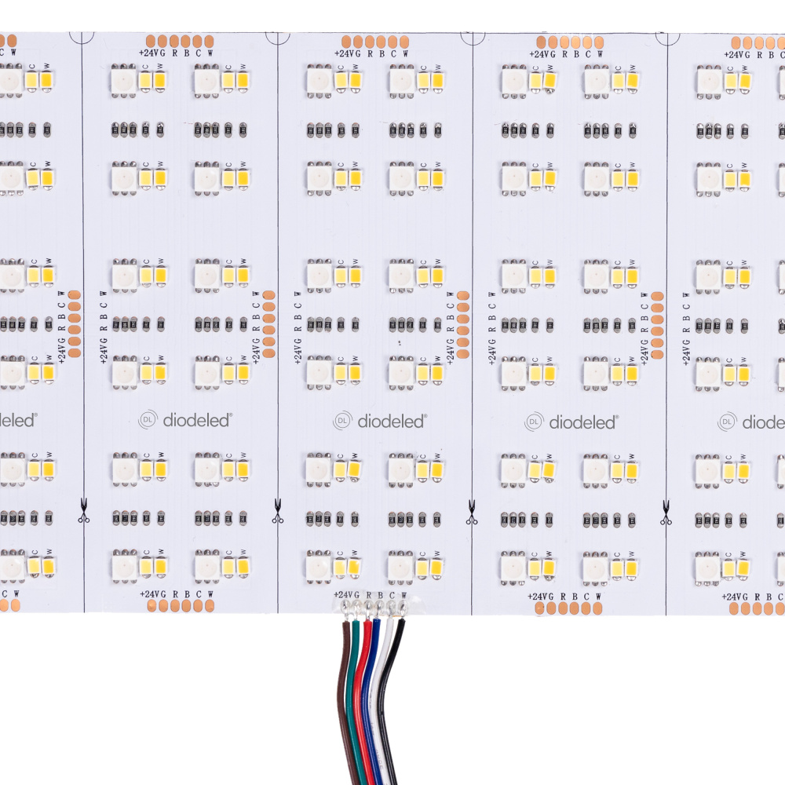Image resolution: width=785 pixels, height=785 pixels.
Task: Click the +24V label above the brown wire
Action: [x=344, y=595]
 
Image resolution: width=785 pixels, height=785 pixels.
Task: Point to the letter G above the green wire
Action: [x=357, y=595]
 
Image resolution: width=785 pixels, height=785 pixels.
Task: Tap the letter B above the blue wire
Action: [x=381, y=595]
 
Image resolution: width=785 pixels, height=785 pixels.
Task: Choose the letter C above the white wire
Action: [x=392, y=595]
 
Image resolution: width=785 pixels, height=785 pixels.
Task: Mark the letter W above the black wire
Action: [x=403, y=595]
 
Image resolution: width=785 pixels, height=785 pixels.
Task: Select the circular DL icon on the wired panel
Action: [x=342, y=421]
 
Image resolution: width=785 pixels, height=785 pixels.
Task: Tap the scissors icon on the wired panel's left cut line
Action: [x=277, y=518]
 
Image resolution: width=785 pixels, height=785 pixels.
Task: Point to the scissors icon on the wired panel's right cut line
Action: [x=471, y=518]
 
